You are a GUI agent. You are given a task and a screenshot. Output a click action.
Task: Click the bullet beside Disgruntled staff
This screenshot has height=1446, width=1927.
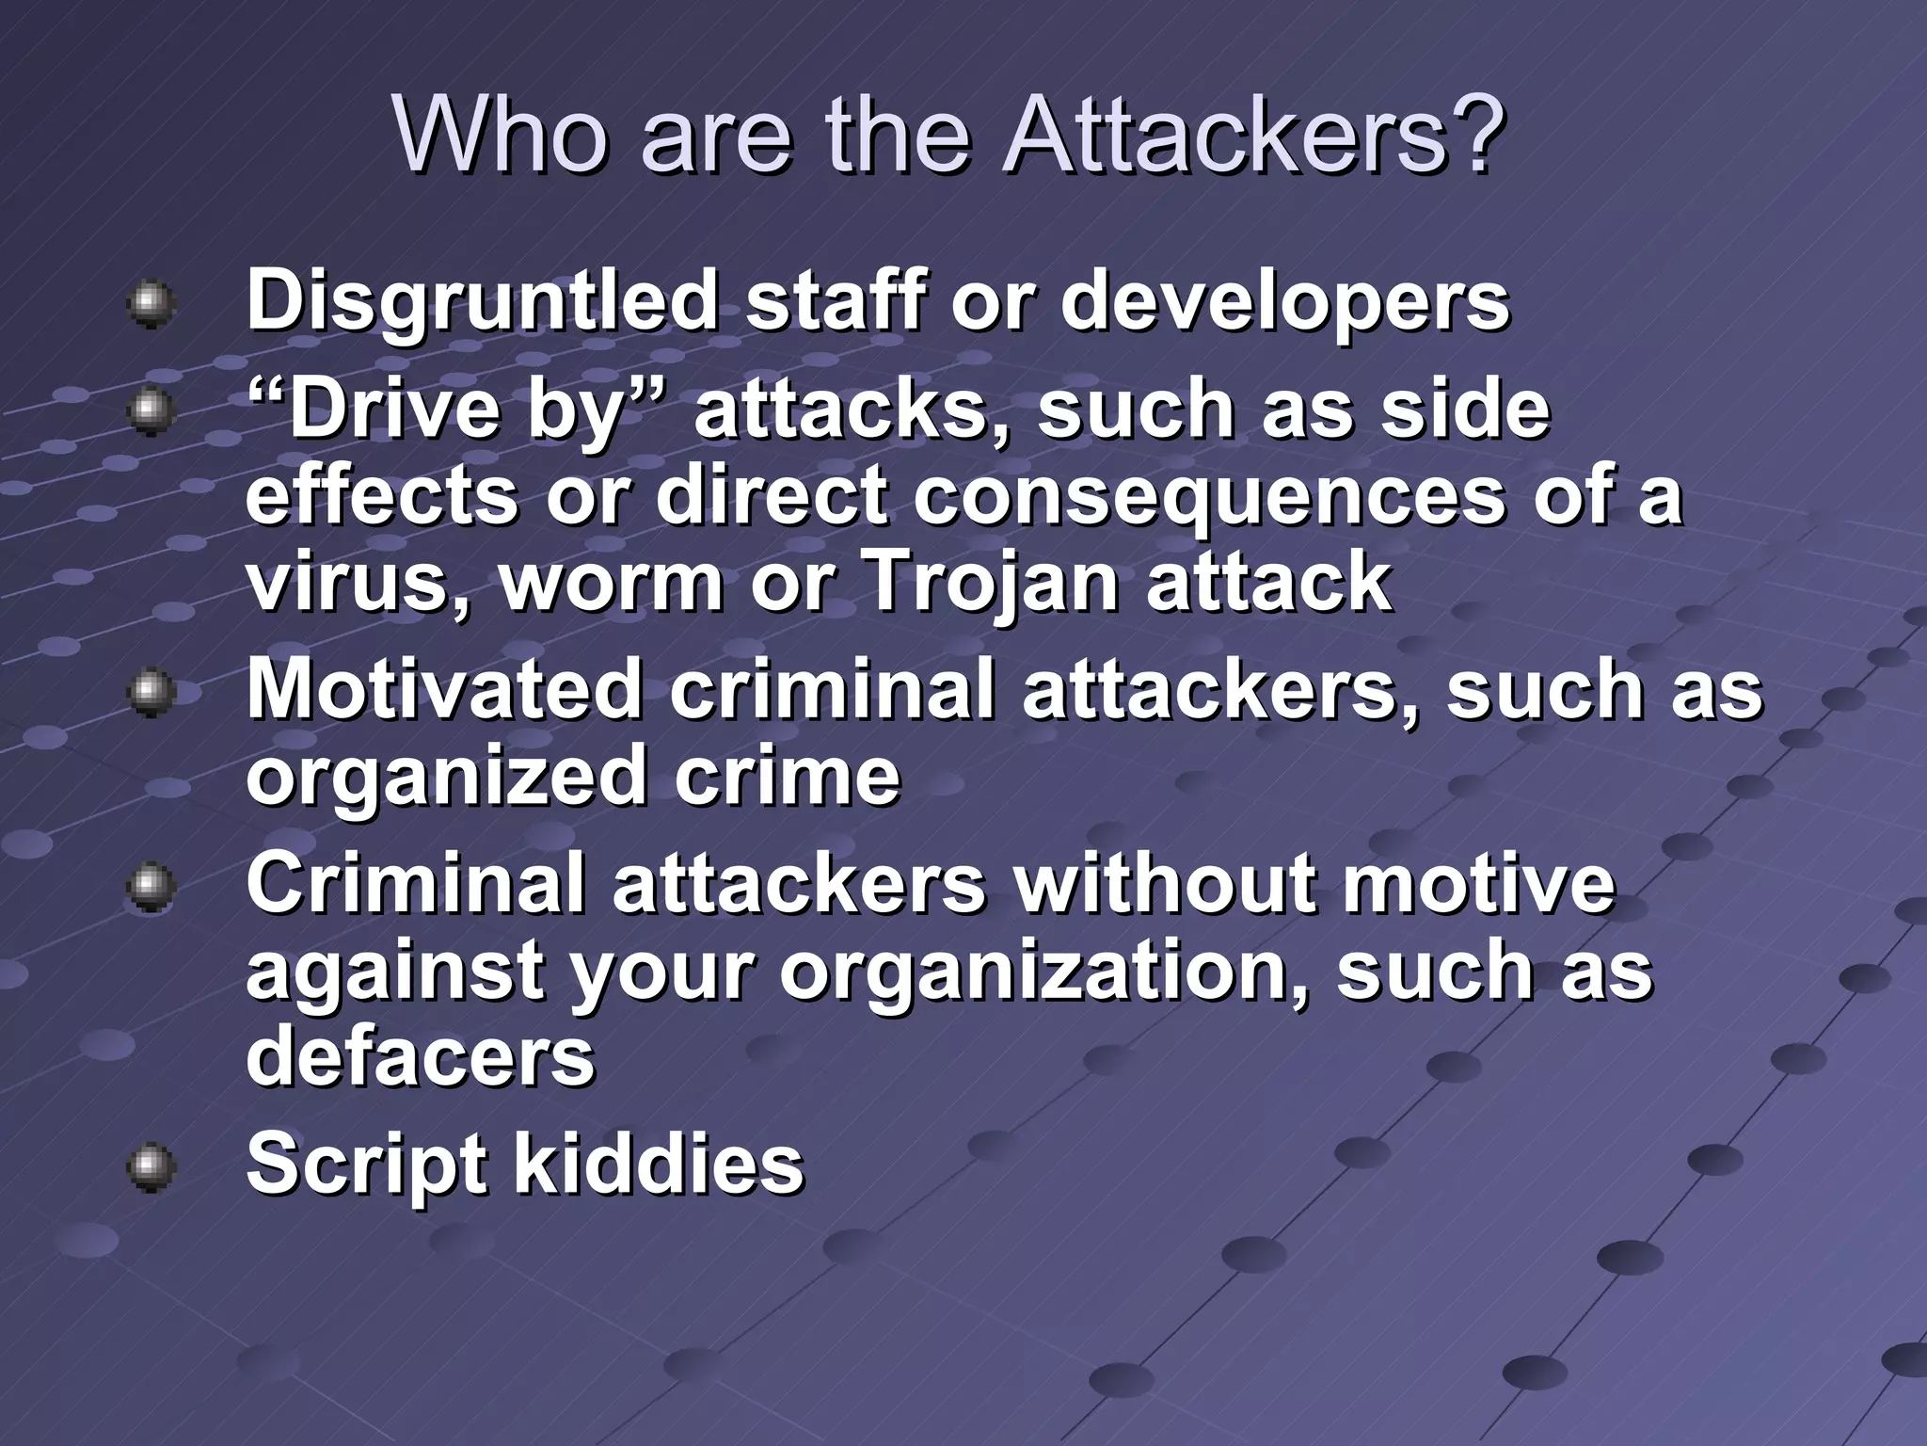pyautogui.click(x=150, y=303)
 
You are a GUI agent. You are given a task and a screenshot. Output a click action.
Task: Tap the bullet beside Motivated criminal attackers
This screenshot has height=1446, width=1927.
pyautogui.click(x=150, y=693)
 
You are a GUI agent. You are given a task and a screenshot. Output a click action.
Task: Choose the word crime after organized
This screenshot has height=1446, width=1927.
pyautogui.click(x=787, y=778)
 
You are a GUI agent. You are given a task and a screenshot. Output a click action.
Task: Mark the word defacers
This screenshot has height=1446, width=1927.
pyautogui.click(x=421, y=1054)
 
